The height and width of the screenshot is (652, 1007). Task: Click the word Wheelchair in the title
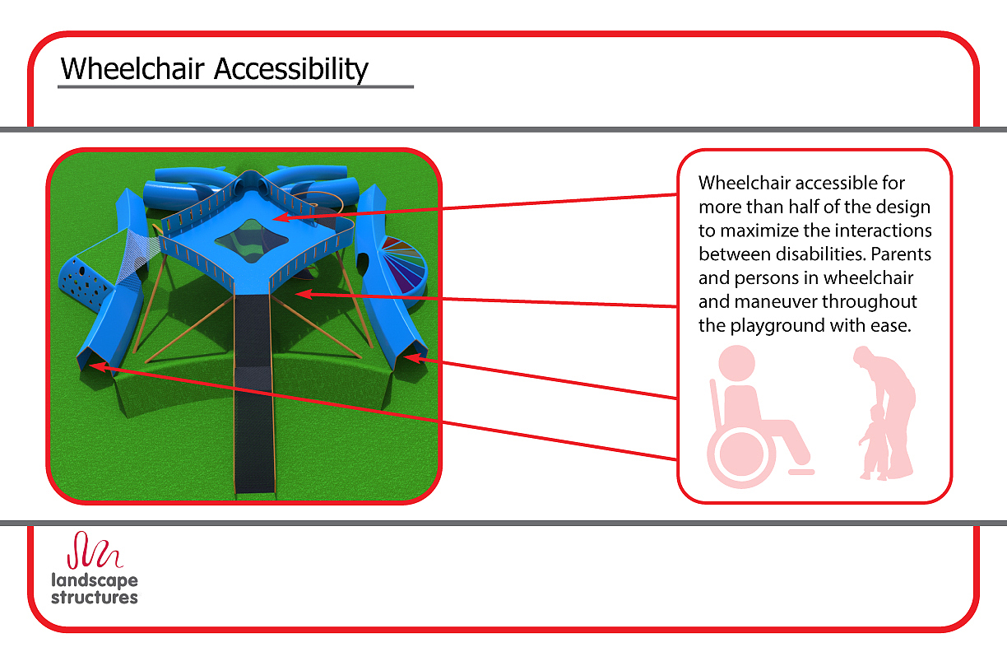click(132, 69)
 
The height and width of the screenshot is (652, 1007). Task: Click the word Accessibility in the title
click(291, 70)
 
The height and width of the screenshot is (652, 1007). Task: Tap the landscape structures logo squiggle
click(95, 550)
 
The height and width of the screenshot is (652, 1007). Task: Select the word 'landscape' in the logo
click(95, 580)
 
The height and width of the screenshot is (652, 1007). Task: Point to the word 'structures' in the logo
click(95, 598)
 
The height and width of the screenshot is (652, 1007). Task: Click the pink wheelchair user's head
click(736, 363)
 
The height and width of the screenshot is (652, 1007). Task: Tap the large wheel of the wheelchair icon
click(741, 454)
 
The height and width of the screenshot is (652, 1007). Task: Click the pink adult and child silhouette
click(886, 412)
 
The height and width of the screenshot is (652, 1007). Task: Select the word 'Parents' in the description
click(901, 254)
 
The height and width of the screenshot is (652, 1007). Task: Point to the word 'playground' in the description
click(777, 326)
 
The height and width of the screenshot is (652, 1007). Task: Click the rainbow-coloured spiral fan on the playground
click(404, 264)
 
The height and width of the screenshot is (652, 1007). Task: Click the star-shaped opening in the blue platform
click(251, 240)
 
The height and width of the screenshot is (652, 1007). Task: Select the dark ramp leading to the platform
click(253, 394)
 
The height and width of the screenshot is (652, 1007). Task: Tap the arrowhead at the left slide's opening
click(98, 366)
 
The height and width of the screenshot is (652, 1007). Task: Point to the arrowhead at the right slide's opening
click(413, 358)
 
